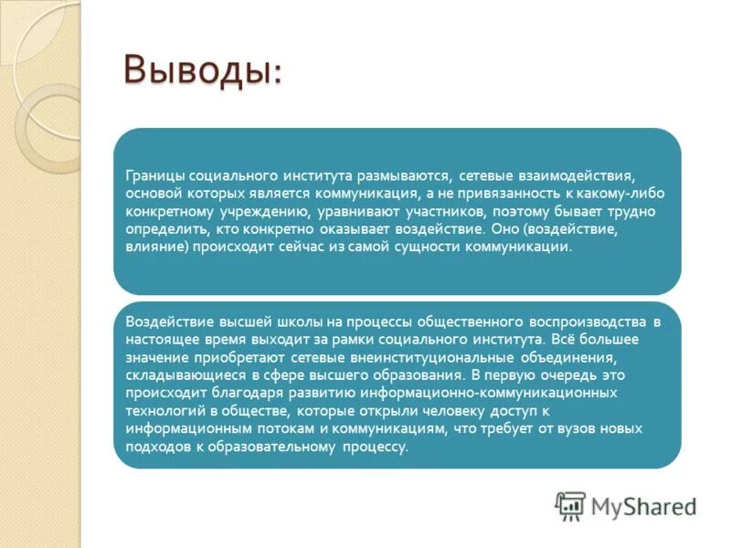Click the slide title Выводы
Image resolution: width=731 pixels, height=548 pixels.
203,70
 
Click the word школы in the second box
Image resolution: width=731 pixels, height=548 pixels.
262,322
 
